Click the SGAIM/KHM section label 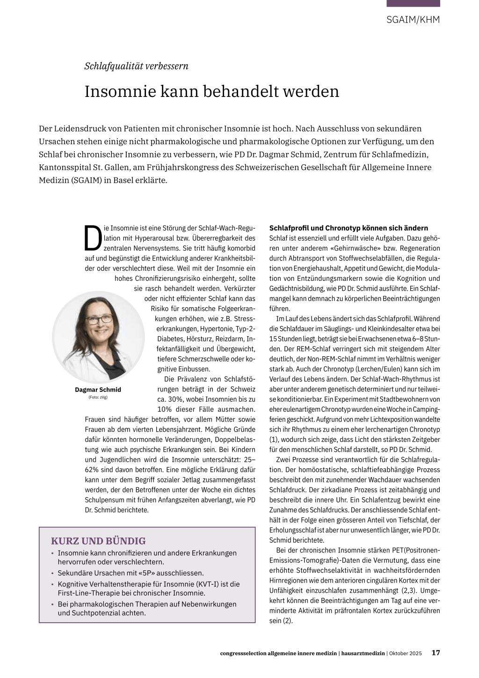413,20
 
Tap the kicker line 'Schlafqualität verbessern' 136,66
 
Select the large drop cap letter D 93,238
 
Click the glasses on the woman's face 99,318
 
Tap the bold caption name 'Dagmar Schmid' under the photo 98,390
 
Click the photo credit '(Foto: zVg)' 98,398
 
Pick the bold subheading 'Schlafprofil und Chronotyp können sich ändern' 348,228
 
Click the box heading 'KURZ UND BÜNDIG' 98,541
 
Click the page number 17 435,653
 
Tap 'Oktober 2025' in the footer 405,653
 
